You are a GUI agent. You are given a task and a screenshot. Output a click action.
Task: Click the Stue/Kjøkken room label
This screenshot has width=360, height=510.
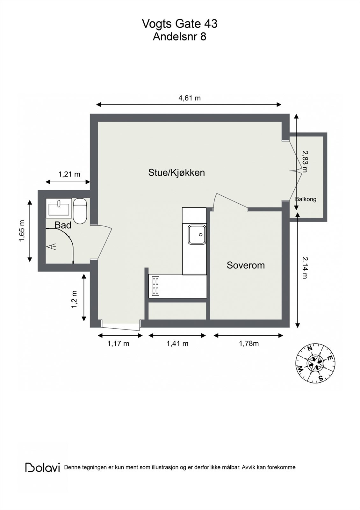coord(176,173)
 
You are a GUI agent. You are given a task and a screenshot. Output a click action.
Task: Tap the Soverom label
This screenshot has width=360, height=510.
coord(246,265)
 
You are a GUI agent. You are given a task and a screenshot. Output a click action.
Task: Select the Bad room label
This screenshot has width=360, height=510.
coord(63,225)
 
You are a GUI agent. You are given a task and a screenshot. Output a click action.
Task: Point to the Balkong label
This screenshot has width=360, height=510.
coord(306,199)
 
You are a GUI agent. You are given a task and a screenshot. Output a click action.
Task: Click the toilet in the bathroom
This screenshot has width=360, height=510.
coord(80,211)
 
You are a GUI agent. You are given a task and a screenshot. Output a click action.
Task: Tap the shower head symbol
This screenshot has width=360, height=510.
coord(52,246)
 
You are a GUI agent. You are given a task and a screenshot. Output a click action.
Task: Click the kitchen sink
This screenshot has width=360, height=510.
coord(197,235)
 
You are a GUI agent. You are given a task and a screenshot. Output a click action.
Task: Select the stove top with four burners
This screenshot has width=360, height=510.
coord(156,286)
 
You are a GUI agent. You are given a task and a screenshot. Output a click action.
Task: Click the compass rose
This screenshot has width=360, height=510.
coord(316,363)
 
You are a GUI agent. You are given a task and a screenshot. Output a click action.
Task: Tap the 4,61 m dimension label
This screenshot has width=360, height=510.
coord(190,98)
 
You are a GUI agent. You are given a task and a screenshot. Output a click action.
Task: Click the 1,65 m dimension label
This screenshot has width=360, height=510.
coord(22,231)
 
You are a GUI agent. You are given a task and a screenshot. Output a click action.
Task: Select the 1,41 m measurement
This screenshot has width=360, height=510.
coord(177,343)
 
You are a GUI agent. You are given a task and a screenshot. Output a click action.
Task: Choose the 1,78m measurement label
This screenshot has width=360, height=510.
coord(249,343)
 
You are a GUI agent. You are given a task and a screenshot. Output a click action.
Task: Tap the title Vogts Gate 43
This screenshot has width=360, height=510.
coord(180,24)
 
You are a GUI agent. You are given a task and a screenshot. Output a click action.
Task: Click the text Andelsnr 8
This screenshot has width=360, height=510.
coord(180,37)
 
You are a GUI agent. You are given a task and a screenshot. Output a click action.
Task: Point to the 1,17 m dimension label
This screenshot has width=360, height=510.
coord(118,343)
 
